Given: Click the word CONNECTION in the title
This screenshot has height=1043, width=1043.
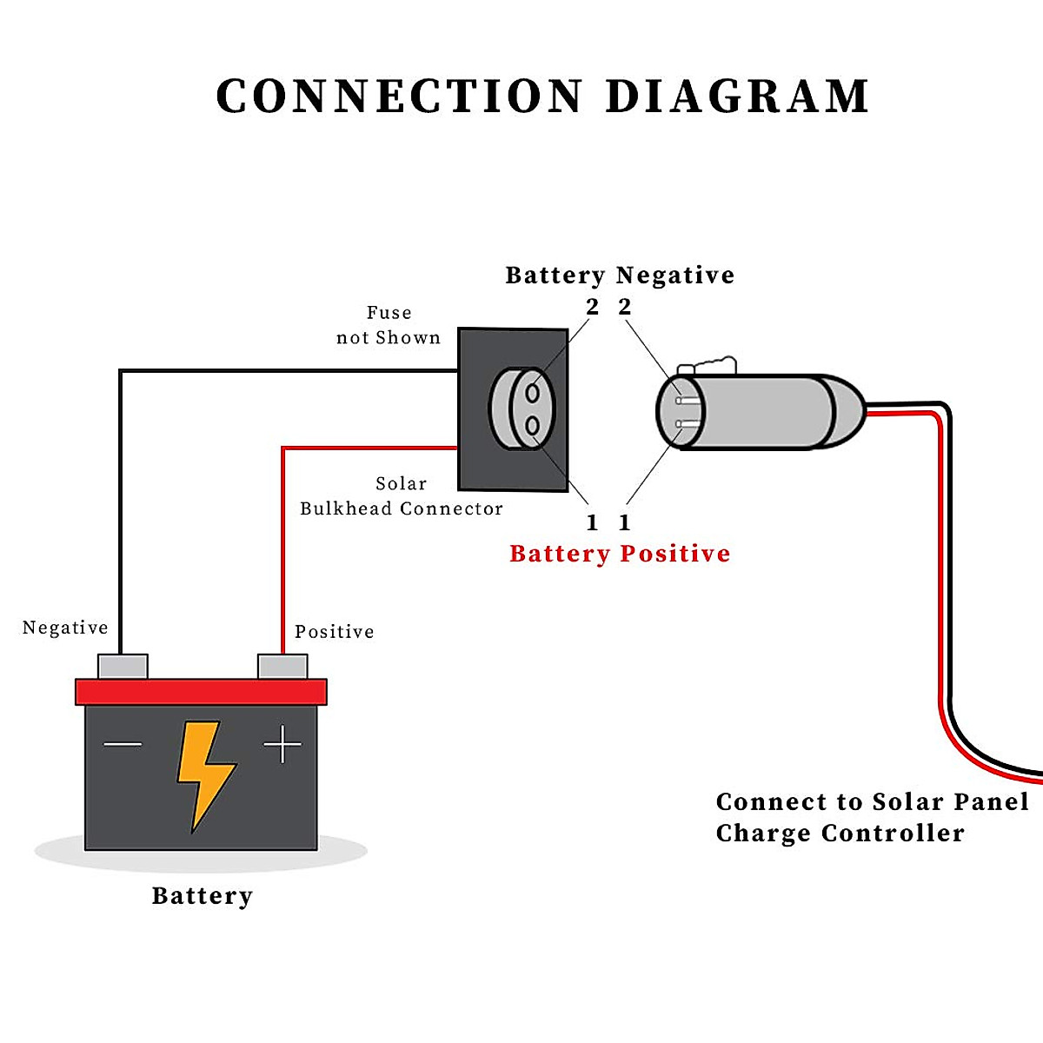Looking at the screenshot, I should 399,96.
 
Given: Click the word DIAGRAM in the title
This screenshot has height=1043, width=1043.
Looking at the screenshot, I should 737,96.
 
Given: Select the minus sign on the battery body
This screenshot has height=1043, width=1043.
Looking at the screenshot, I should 123,744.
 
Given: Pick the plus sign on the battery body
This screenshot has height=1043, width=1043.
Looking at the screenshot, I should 282,744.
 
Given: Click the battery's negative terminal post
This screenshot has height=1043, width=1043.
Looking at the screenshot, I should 123,667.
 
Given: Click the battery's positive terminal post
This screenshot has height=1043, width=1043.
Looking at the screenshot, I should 282,667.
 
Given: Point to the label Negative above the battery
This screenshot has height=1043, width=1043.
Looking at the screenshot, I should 65,628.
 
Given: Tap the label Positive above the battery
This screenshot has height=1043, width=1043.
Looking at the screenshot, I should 334,632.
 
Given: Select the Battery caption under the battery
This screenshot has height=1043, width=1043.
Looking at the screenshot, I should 202,896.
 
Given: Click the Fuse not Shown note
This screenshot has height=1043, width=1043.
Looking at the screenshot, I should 389,325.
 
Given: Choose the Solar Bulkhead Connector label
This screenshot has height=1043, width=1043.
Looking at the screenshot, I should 401,496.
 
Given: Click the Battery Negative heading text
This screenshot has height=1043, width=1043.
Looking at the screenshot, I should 620,276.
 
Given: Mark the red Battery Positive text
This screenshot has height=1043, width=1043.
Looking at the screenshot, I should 620,554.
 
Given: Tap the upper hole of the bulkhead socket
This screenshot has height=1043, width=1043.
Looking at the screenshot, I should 533,393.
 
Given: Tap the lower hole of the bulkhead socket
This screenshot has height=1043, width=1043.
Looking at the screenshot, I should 533,425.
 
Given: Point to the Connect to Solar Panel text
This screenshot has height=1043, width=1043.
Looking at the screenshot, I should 872,802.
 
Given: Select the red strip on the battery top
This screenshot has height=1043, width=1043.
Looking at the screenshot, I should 201,692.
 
